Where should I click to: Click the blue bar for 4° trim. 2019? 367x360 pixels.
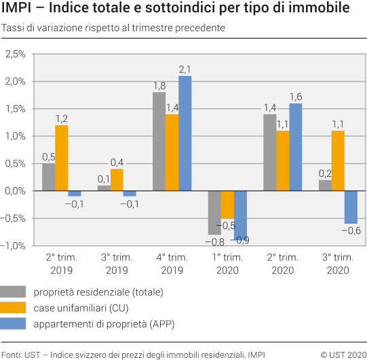(185, 134)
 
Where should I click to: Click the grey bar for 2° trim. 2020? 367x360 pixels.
(269, 153)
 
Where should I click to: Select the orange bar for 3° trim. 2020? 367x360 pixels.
(338, 161)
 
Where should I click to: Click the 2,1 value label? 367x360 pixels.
(185, 69)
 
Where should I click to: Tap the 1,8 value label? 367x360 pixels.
(159, 86)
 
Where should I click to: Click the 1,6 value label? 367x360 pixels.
(296, 97)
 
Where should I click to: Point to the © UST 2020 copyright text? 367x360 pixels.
(343, 353)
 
